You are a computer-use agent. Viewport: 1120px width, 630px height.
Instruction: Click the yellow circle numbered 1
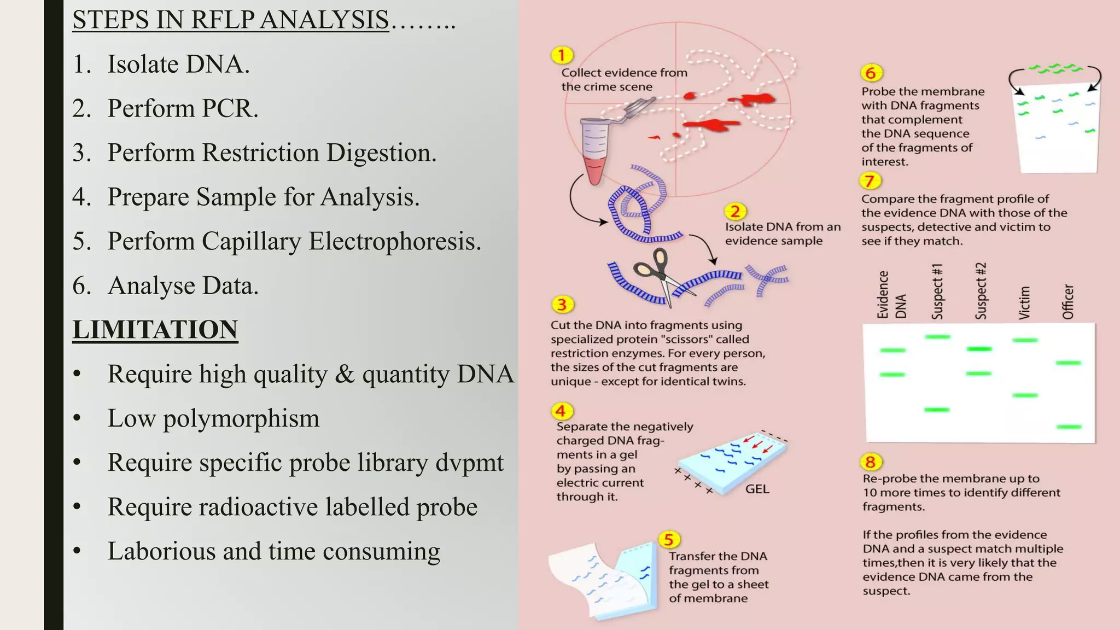[x=562, y=55]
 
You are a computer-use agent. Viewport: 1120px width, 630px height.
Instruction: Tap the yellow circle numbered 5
[x=669, y=540]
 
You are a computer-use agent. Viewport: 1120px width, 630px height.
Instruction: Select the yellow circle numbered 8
[x=870, y=462]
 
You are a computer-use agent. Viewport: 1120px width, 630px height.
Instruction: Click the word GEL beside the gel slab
[x=757, y=489]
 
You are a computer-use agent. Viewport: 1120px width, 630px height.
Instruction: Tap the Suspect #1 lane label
[x=937, y=291]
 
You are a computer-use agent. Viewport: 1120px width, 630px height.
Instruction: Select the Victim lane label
[x=1024, y=302]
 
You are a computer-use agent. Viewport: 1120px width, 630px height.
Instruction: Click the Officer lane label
[x=1067, y=301]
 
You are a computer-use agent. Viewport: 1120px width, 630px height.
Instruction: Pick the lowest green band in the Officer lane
[x=1069, y=427]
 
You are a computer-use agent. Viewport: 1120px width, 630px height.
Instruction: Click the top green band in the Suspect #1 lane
[x=937, y=337]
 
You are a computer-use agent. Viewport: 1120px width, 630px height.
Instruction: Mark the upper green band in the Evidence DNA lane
[x=892, y=350]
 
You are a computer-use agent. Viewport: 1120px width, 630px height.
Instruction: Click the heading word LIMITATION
[x=155, y=330]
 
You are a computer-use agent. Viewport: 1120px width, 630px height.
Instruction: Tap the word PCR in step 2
[x=229, y=108]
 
